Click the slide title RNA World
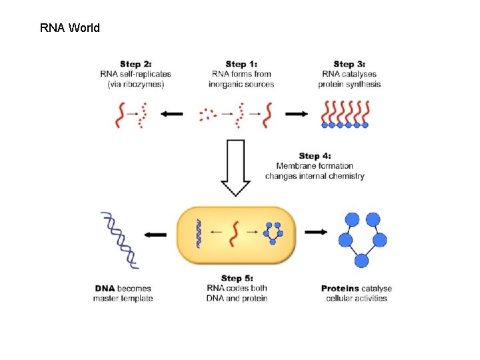tap(70, 28)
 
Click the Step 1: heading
tap(241, 64)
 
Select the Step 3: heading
tap(353, 64)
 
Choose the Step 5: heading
tap(237, 278)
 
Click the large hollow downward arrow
tap(236, 167)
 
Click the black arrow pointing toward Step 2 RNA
tap(171, 114)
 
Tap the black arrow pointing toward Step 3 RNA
tap(297, 114)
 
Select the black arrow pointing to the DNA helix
tap(155, 235)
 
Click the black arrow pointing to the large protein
tap(316, 232)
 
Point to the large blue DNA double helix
tap(120, 239)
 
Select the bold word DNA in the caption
tap(105, 288)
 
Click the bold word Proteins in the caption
tap(340, 288)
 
